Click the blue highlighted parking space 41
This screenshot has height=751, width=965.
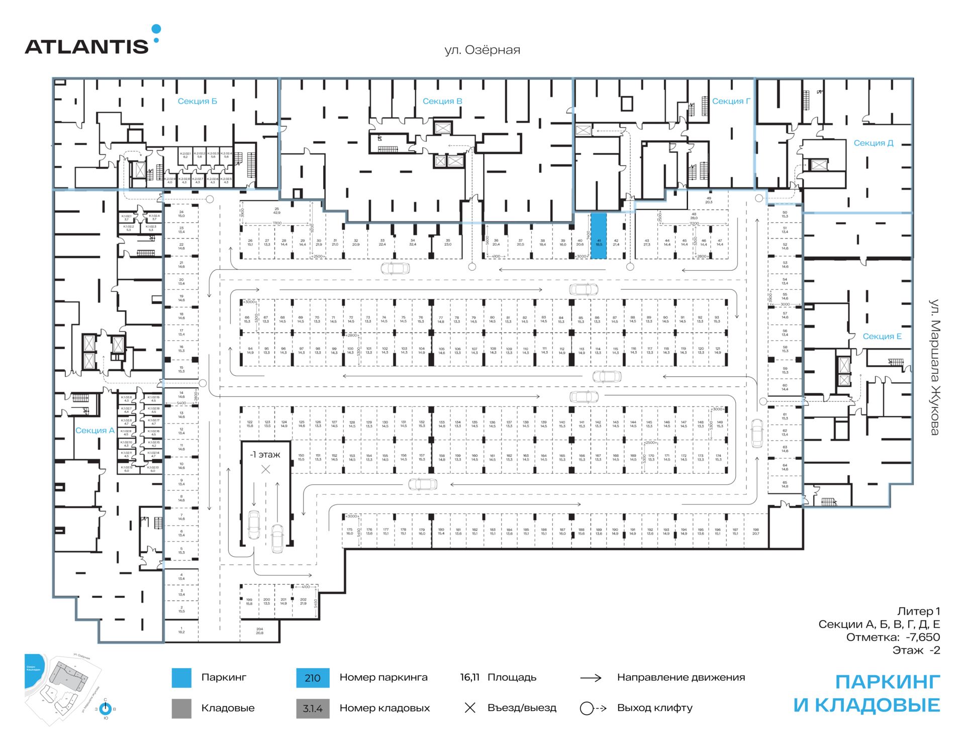(598, 236)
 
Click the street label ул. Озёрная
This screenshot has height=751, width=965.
(482, 50)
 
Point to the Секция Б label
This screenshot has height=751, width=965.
(198, 101)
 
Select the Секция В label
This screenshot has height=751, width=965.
(442, 101)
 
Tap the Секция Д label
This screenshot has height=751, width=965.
(874, 143)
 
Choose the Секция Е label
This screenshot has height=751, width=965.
(882, 337)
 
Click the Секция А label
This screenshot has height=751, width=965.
(95, 431)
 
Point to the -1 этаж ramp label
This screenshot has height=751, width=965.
(265, 455)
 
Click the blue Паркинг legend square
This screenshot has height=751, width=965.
(181, 678)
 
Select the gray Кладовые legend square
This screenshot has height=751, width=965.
(181, 708)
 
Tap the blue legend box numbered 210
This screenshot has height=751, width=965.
(313, 678)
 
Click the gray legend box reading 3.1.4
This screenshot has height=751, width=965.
(313, 708)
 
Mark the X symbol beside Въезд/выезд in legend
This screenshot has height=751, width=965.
(470, 708)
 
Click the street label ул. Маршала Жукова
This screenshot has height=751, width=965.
(934, 367)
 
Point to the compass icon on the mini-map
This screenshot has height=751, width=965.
(106, 709)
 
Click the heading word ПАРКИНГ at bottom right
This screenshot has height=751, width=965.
(887, 682)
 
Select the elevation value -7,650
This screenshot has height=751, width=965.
(923, 637)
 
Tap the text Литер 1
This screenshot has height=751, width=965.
(918, 611)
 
